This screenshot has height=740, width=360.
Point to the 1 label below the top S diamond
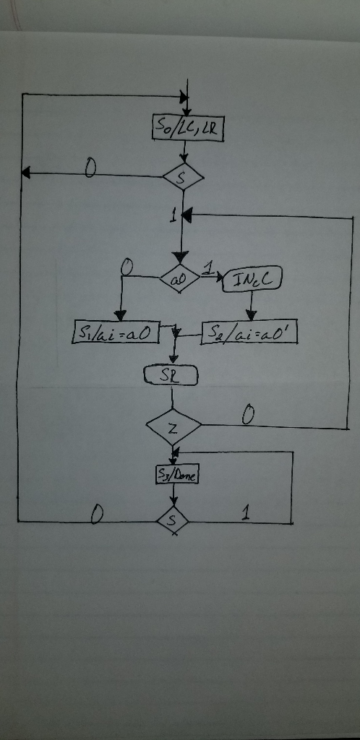pos(173,215)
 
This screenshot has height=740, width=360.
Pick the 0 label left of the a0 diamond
pos(127,267)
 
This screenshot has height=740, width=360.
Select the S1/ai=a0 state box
pos(116,334)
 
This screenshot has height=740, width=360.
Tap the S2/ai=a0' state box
pos(249,333)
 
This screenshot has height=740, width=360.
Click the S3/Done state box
pos(177,475)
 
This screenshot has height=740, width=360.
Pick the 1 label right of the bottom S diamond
pos(247,514)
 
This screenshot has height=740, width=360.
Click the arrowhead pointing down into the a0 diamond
pos(179,258)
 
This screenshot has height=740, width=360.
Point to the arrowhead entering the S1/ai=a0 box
pos(120,314)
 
